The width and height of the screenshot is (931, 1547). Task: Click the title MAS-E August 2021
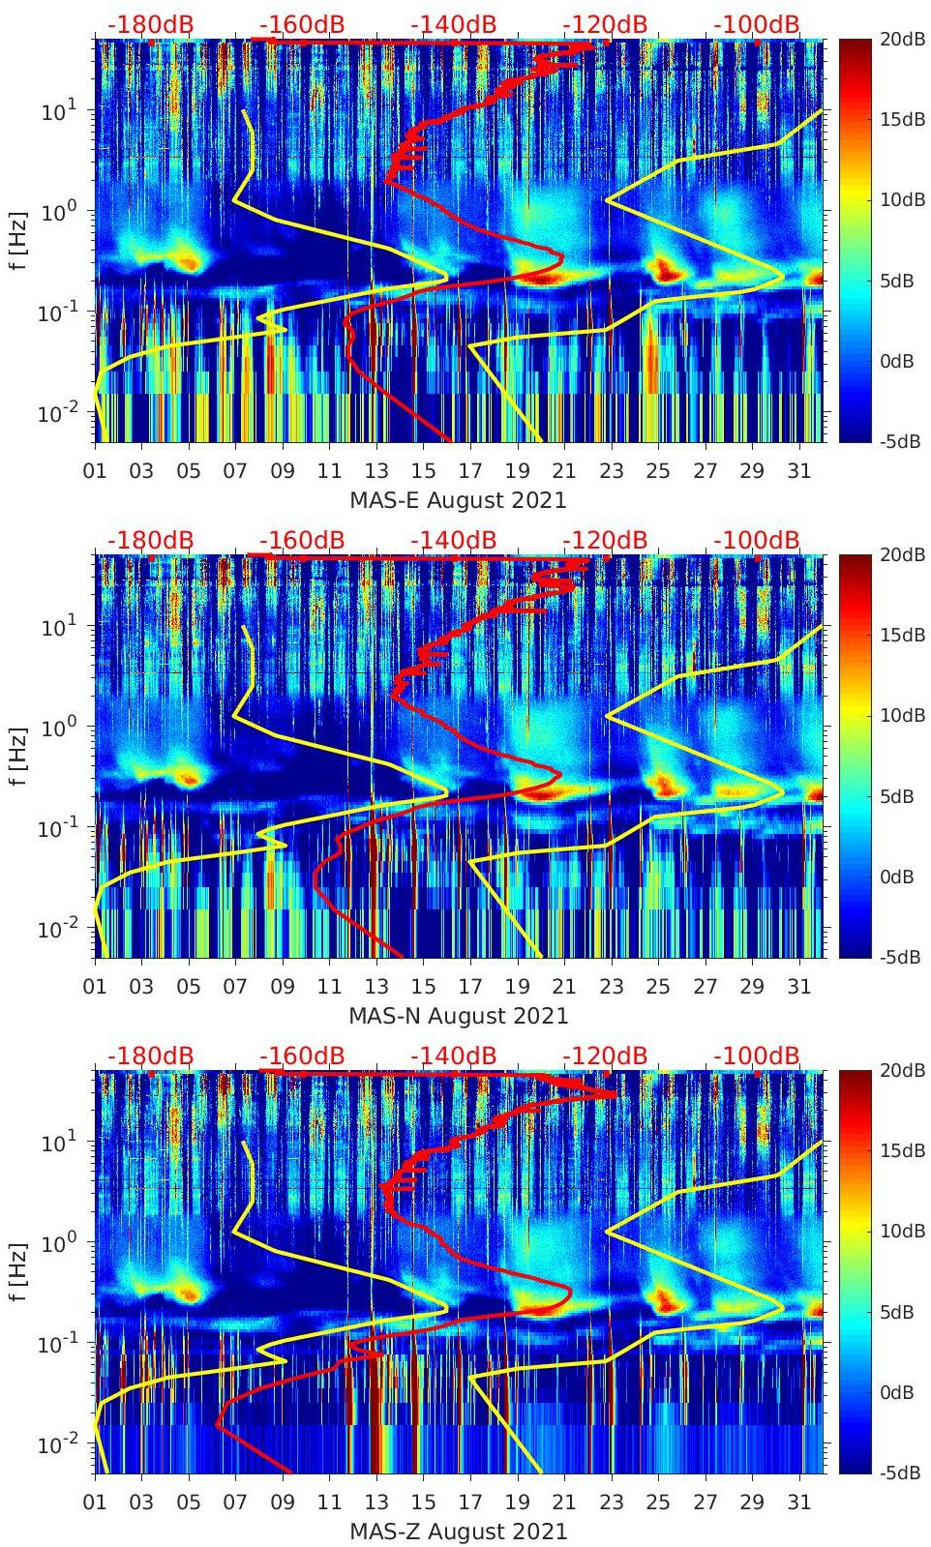pyautogui.click(x=458, y=500)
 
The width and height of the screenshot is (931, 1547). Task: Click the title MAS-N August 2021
pyautogui.click(x=458, y=1016)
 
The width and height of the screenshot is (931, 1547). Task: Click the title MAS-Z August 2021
pyautogui.click(x=458, y=1532)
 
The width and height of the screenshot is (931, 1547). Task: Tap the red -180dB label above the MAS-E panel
pyautogui.click(x=150, y=24)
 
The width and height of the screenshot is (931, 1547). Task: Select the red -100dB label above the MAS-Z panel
pyautogui.click(x=757, y=1056)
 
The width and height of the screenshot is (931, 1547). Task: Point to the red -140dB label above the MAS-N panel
pyautogui.click(x=453, y=540)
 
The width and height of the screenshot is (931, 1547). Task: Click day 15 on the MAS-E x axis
pyautogui.click(x=423, y=471)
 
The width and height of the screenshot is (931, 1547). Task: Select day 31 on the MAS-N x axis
pyautogui.click(x=798, y=987)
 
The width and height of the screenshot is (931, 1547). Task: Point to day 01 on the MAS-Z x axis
pyautogui.click(x=95, y=1502)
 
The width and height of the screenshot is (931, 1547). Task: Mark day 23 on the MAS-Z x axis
pyautogui.click(x=611, y=1502)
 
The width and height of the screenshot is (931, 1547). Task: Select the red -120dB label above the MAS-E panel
pyautogui.click(x=605, y=24)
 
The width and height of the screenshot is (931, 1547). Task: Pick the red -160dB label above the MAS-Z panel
pyautogui.click(x=302, y=1056)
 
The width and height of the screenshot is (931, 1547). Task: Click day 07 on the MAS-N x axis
pyautogui.click(x=235, y=987)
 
